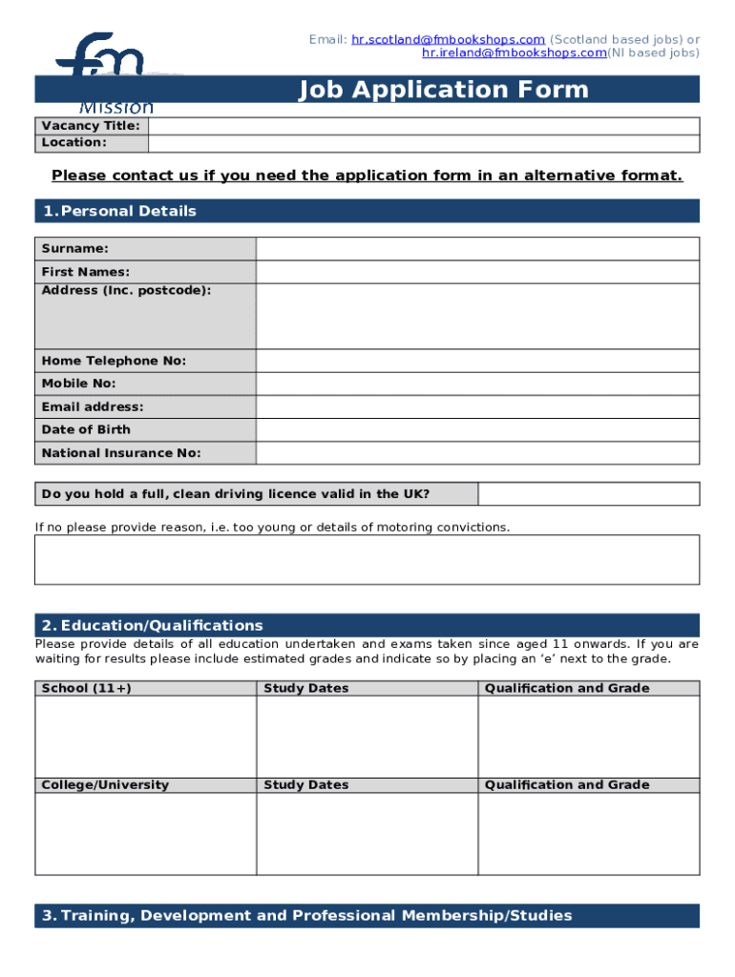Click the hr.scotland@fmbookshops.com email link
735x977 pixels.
(448, 39)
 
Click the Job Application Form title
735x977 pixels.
(443, 90)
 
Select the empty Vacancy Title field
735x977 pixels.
(423, 126)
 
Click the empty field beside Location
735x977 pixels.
(423, 142)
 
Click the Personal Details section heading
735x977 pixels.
(118, 211)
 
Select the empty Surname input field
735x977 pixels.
(477, 249)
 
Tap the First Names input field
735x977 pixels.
(477, 272)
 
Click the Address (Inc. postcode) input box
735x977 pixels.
(477, 316)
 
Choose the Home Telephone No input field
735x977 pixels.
(477, 361)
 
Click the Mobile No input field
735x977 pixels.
(477, 384)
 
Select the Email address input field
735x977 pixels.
(477, 406)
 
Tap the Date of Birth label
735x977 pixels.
(86, 429)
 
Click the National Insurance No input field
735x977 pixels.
(477, 453)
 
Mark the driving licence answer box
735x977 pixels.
(588, 494)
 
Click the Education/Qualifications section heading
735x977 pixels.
(152, 626)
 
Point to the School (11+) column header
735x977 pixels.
(87, 688)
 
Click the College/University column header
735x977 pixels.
(105, 785)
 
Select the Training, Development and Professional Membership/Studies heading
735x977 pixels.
(306, 916)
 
